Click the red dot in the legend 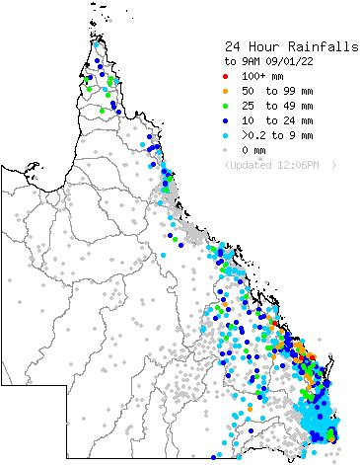226,75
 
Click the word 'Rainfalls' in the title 305,45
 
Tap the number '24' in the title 232,45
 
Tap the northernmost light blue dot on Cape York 96,44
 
